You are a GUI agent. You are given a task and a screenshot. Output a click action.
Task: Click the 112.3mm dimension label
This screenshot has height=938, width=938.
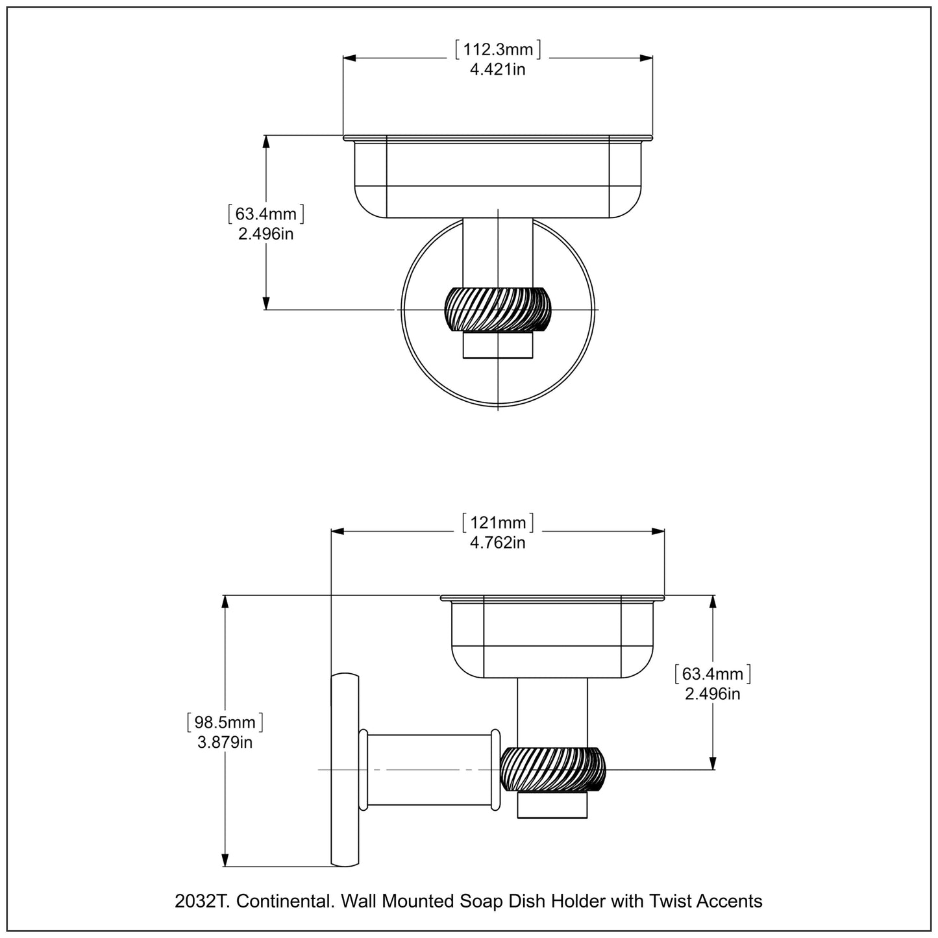coord(498,49)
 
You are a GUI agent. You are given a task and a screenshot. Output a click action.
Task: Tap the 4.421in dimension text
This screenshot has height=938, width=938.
coord(498,69)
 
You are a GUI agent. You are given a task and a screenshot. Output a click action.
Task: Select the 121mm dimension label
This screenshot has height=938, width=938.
coord(498,523)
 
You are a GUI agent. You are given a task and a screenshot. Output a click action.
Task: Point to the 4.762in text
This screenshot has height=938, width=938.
coord(498,542)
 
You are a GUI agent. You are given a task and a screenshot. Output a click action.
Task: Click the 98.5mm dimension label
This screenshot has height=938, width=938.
coord(225,722)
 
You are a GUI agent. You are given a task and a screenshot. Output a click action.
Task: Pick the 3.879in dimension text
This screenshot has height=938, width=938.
coord(225,742)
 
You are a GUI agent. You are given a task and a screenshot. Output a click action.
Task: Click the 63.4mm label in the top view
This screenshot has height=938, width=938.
coord(265,214)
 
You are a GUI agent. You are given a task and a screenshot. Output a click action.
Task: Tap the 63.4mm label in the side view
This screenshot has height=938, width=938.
coord(713,674)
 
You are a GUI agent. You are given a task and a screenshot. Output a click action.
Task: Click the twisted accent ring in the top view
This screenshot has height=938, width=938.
coord(498,310)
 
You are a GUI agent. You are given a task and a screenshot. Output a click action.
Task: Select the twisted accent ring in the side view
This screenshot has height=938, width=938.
coord(554,770)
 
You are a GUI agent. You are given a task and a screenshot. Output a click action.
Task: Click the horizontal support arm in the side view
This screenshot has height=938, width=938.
coord(429,770)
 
